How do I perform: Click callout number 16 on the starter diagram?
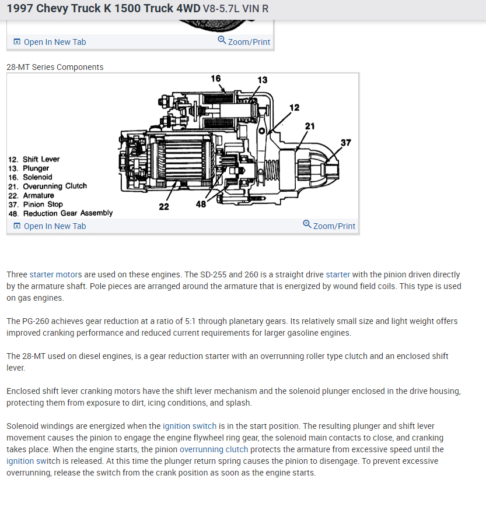tap(216, 79)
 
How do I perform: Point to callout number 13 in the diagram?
tap(262, 80)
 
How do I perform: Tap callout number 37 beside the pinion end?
tap(346, 143)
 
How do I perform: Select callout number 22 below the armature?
tap(164, 206)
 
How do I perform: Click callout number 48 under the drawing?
tap(201, 204)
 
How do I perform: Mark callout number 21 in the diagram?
tap(310, 126)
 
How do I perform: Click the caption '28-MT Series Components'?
tap(55, 67)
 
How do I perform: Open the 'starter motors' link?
tap(56, 274)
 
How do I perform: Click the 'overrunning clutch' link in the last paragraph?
tap(214, 449)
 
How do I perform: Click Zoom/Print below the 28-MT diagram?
tap(330, 226)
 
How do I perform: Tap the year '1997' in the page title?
tap(19, 9)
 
